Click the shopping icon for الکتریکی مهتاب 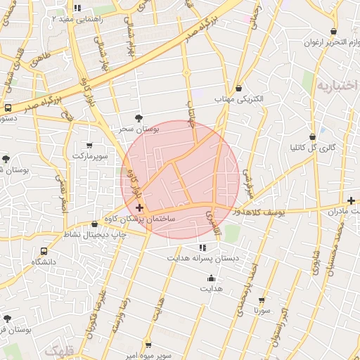click(x=240, y=89)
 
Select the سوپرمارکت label click(x=93, y=155)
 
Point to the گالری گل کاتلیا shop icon click(x=312, y=136)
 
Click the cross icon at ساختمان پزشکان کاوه click(x=139, y=208)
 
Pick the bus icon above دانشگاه click(x=44, y=251)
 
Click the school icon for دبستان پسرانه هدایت click(x=203, y=247)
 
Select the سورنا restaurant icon click(x=262, y=300)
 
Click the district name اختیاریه click(x=333, y=87)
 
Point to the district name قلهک click(x=58, y=349)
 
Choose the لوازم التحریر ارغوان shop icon click(x=333, y=32)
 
